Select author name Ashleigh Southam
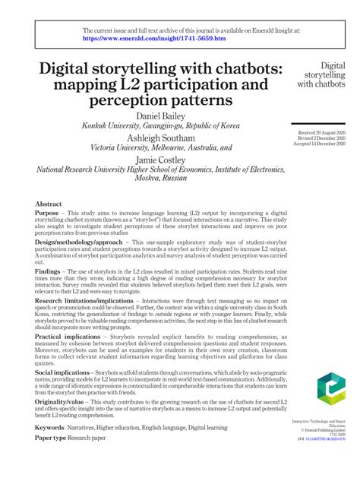click(166, 138)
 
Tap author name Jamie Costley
click(166, 160)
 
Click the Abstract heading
click(49, 204)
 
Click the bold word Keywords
click(50, 428)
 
